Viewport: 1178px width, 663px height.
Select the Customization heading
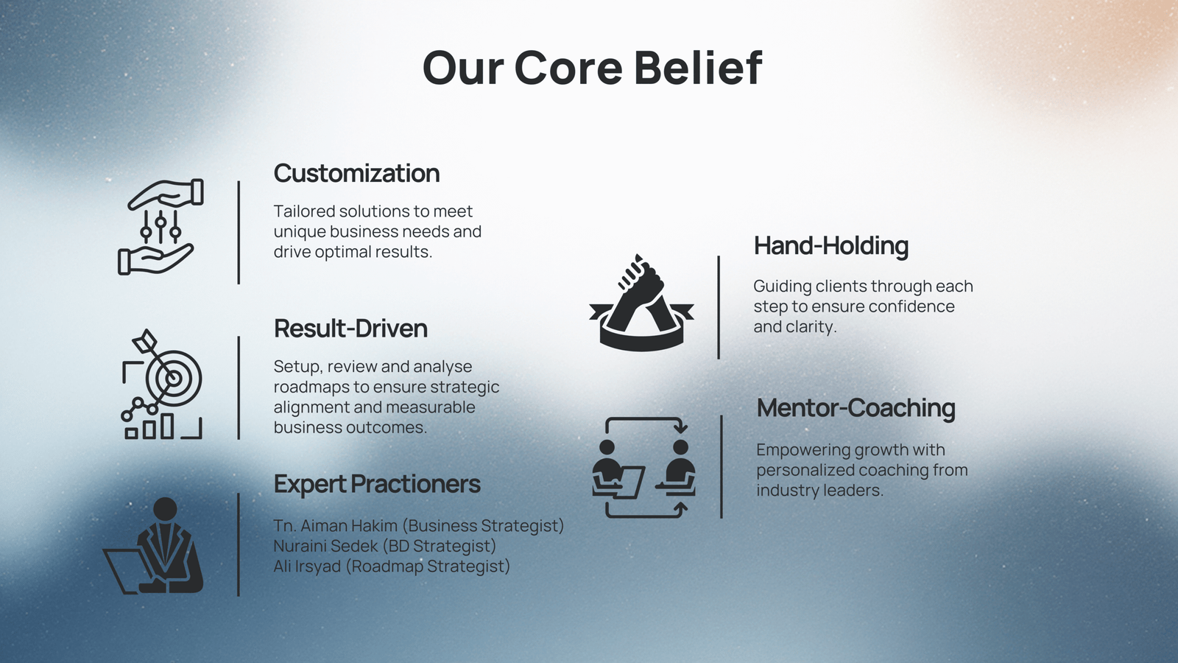tap(356, 173)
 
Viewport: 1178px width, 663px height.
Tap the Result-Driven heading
tap(350, 329)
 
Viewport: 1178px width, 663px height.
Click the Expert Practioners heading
tap(377, 484)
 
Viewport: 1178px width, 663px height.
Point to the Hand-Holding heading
tap(831, 246)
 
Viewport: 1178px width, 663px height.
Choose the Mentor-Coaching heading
tap(856, 408)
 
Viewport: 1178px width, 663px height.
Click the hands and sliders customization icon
tap(161, 227)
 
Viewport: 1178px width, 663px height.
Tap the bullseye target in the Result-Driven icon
tap(174, 378)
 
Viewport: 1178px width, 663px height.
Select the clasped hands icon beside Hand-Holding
tap(641, 303)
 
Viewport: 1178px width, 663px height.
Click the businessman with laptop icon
tap(153, 546)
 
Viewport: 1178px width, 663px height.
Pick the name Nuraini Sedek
tap(326, 546)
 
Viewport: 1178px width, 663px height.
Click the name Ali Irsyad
tap(307, 566)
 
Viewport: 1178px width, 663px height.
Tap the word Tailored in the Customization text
tap(304, 211)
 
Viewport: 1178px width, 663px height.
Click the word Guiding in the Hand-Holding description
tap(782, 287)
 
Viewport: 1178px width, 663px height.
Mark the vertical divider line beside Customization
tap(239, 233)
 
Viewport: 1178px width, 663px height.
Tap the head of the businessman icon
tap(165, 510)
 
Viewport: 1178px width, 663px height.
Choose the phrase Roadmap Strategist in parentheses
tap(428, 566)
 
